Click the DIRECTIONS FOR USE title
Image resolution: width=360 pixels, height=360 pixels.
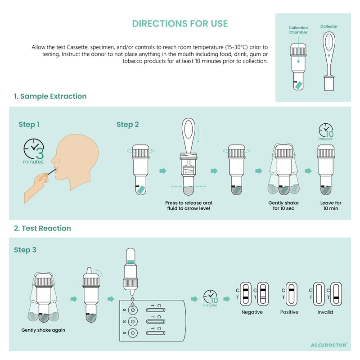click(180, 24)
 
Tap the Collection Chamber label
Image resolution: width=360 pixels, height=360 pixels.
click(298, 30)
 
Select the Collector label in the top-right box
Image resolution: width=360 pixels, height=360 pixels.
click(329, 27)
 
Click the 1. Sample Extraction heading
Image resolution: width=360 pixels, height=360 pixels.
click(50, 96)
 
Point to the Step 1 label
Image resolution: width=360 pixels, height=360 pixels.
click(29, 125)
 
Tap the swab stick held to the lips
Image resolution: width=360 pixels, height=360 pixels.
click(52, 171)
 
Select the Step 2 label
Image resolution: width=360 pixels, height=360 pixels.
click(128, 125)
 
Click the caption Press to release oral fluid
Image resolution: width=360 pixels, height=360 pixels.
click(189, 206)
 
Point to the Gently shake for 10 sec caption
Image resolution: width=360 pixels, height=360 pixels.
click(283, 206)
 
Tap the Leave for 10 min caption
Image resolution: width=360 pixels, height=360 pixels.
click(331, 206)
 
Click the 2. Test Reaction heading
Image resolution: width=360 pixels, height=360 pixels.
click(42, 228)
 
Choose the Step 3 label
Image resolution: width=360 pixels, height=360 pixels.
click(25, 250)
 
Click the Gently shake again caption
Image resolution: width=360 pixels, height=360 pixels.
click(43, 330)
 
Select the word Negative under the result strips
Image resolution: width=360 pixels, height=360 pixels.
click(252, 312)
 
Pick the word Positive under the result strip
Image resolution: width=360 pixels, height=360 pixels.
click(289, 312)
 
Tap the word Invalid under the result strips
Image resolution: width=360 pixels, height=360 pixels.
click(325, 312)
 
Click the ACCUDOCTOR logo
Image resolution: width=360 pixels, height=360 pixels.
click(329, 345)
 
